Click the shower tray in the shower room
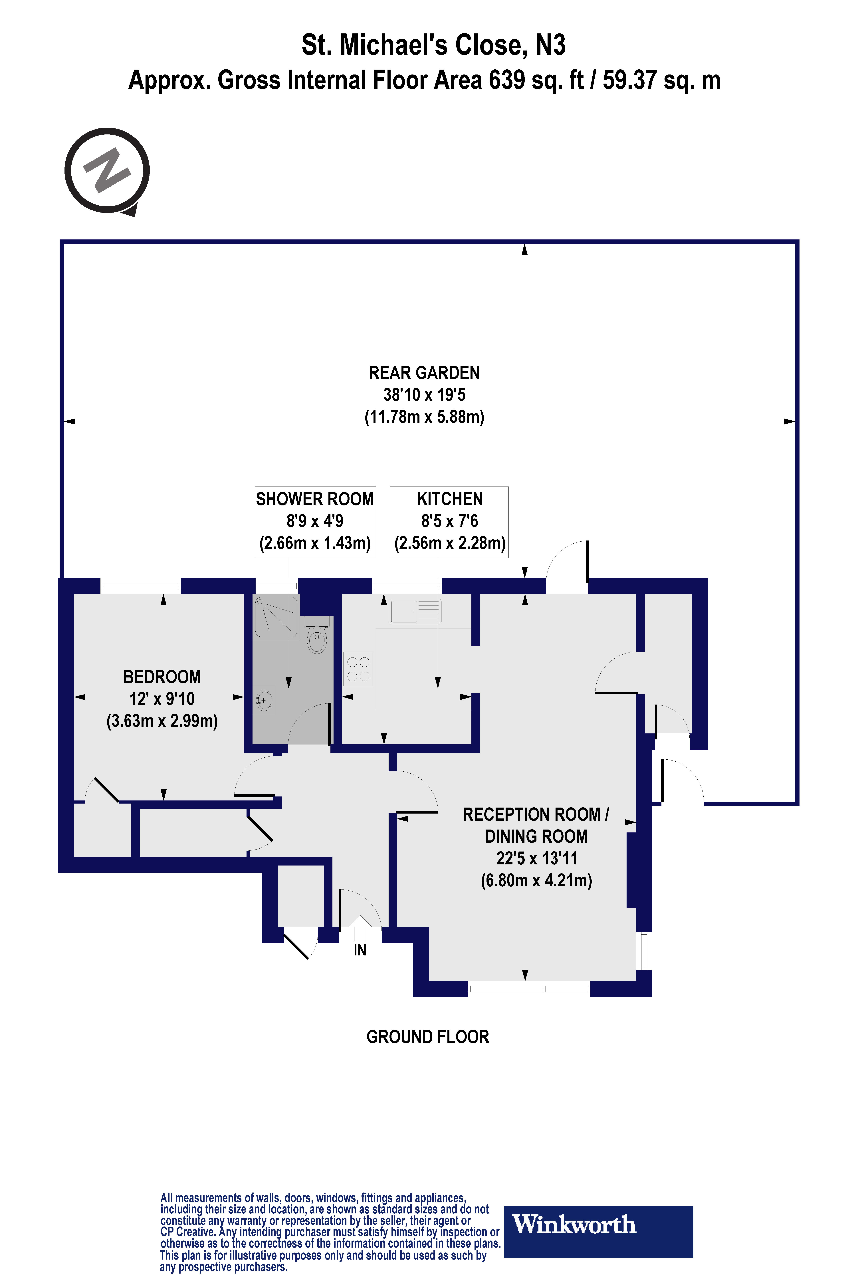tap(276, 617)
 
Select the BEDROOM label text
tap(162, 677)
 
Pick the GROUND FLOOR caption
tap(427, 1037)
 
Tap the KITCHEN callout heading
tap(449, 499)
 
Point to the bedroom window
tap(141, 586)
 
